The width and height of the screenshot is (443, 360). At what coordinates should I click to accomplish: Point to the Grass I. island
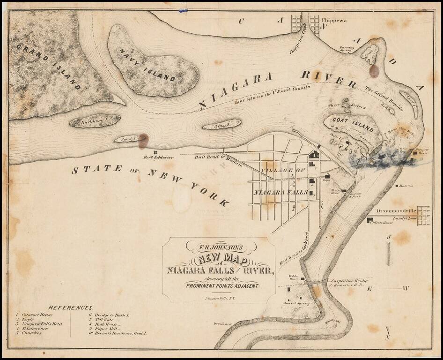[221, 126]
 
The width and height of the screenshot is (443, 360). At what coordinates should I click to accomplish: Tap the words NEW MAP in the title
[217, 258]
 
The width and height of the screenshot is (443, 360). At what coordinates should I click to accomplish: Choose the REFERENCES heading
[71, 307]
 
